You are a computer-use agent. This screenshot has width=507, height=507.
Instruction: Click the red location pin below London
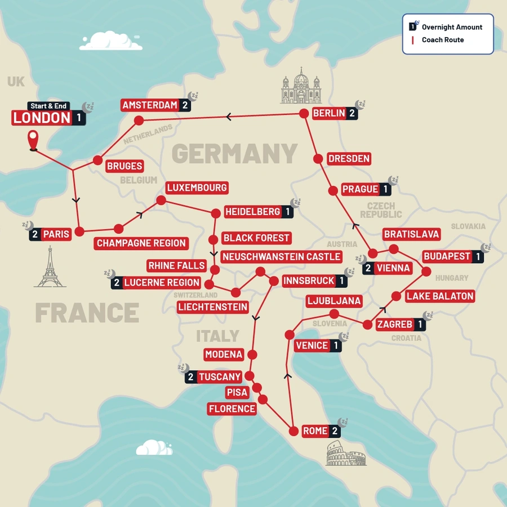point(33,140)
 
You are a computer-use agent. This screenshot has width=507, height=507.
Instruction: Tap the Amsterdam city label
point(150,105)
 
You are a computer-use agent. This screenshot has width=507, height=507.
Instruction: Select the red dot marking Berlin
point(303,113)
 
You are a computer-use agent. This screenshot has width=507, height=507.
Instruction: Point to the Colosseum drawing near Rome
point(345,455)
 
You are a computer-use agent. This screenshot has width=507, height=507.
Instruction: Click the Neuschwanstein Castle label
point(281,257)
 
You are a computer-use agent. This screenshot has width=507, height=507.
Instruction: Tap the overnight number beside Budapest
point(478,256)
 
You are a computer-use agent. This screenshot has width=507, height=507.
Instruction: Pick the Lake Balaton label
point(439,296)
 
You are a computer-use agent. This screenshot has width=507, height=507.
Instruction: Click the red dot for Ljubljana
point(333,313)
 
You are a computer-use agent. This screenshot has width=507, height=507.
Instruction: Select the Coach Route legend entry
point(443,40)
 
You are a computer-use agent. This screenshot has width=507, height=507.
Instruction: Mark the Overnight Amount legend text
point(452,26)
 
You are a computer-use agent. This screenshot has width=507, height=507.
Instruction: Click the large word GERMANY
point(234,153)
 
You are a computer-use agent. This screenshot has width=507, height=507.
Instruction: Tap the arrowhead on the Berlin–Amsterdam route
point(228,117)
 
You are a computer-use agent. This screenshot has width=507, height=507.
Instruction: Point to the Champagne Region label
point(141,243)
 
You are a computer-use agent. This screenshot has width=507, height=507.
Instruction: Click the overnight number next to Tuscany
point(191,377)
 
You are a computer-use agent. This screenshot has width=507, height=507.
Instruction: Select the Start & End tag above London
point(48,106)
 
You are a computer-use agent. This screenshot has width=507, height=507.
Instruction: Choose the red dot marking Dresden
point(319,158)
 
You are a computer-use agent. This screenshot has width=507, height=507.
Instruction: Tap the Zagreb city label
point(394,324)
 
